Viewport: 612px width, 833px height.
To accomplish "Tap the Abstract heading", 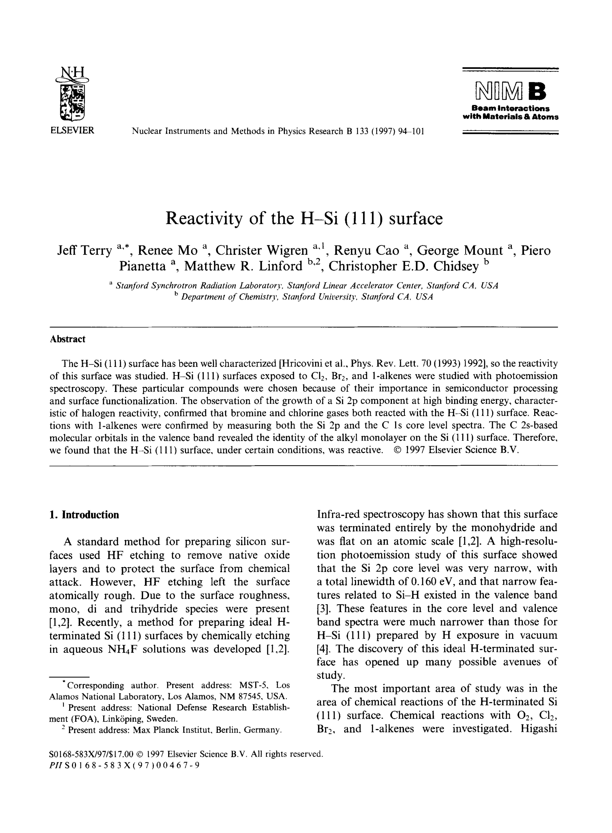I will click(67, 339).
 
